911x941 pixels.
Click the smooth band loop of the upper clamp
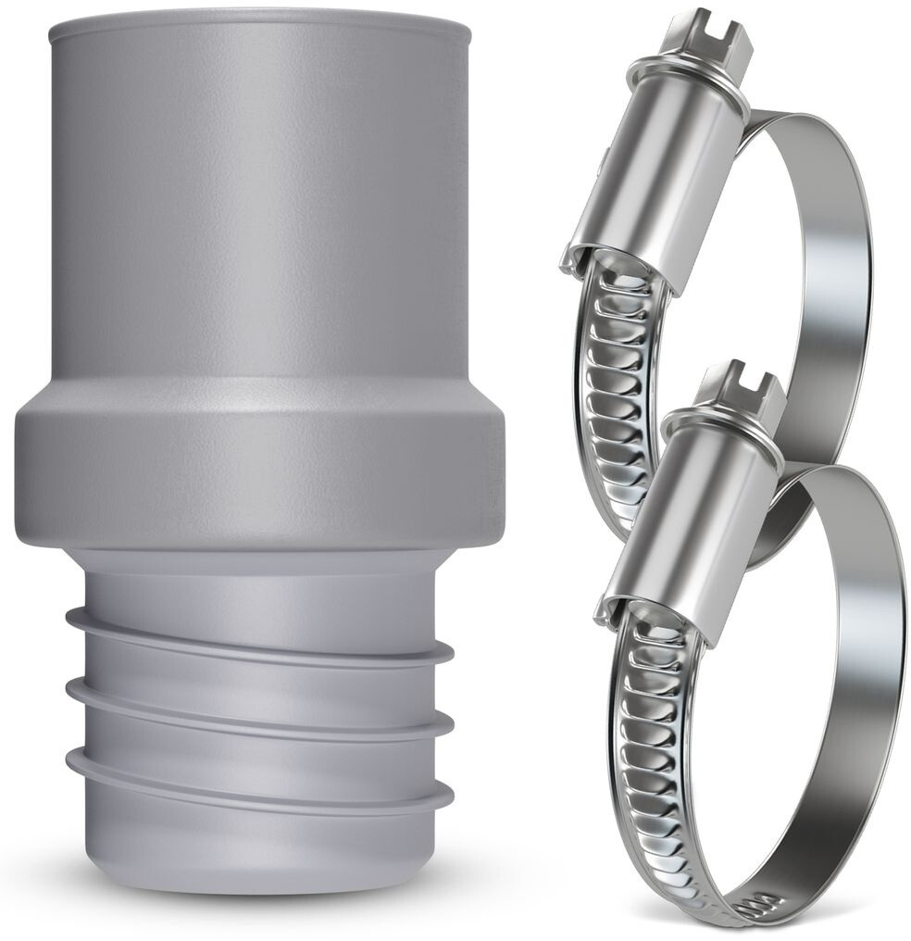(824, 278)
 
